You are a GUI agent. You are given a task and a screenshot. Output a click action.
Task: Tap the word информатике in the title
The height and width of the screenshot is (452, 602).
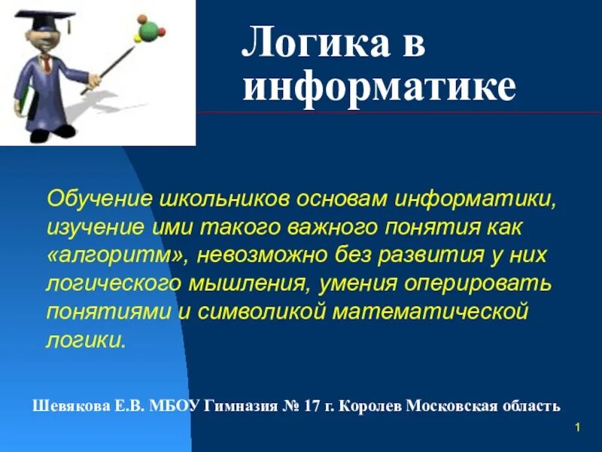[379, 89]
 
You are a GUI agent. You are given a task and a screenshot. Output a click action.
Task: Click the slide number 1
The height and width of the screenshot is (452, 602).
[576, 429]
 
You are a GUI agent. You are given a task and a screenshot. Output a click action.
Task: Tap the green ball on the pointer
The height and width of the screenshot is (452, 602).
[148, 30]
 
